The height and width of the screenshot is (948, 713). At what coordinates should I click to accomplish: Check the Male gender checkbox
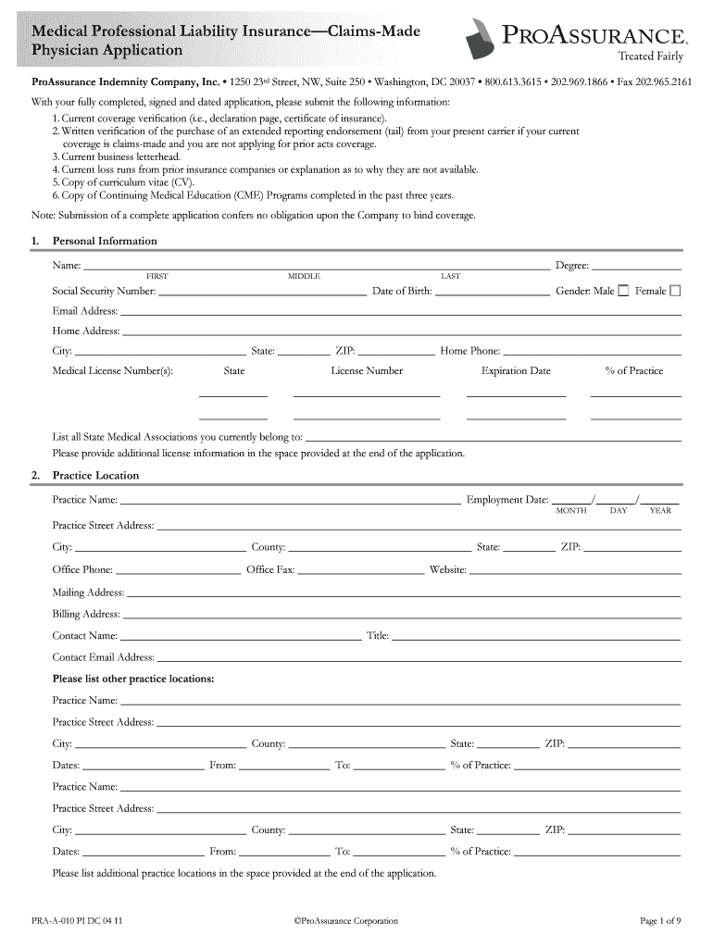[623, 291]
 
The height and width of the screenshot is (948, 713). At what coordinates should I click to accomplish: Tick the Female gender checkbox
[675, 291]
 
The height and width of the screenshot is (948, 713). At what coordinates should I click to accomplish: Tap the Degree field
[636, 267]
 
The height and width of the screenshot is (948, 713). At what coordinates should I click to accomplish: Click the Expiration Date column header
[516, 371]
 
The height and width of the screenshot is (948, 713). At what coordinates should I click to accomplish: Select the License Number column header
[367, 371]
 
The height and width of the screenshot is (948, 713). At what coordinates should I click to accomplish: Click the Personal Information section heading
[105, 241]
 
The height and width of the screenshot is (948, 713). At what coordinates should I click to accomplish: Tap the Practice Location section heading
[95, 475]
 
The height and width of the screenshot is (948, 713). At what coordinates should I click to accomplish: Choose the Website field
[575, 570]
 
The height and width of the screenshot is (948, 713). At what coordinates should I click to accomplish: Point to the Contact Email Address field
[419, 657]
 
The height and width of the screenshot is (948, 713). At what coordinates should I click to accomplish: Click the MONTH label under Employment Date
[570, 511]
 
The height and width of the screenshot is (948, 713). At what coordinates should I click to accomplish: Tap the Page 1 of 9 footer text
[660, 921]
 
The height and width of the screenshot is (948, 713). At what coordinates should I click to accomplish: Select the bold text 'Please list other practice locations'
[133, 679]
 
